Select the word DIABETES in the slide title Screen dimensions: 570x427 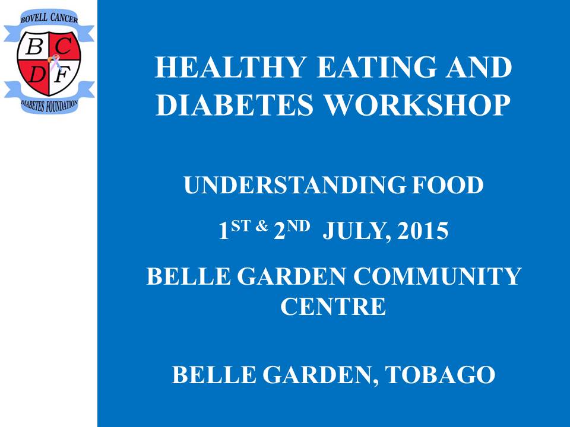tap(235, 104)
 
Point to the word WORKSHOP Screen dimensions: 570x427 tap(417, 104)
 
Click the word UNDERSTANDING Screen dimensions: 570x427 tap(295, 185)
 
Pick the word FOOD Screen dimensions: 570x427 tap(448, 185)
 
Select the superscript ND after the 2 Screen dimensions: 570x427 tap(298, 226)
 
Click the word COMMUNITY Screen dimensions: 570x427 tap(438, 276)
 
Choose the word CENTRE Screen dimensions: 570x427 tap(333, 306)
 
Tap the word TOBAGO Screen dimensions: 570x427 tap(440, 374)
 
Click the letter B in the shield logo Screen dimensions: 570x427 tap(34, 46)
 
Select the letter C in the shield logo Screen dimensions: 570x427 tap(64, 46)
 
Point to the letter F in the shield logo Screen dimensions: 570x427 tap(62, 75)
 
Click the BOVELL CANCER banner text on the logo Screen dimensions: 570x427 tap(49, 18)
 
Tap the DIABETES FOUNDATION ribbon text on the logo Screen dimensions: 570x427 tap(49, 106)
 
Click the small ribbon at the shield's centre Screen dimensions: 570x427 tap(54, 62)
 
